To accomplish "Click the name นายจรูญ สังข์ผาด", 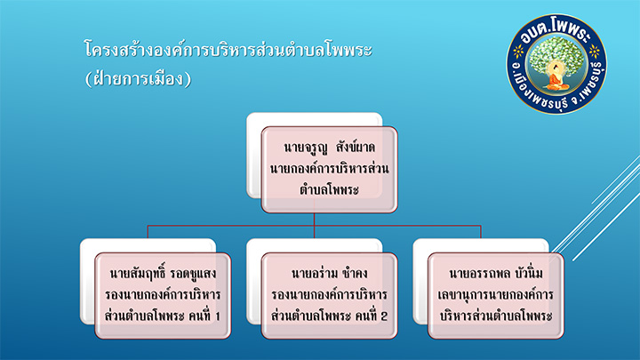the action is (x=329, y=148).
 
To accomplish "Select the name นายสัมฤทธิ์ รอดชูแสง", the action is (x=163, y=274).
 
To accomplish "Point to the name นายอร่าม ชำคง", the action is (x=329, y=274).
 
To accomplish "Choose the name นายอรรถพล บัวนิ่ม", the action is (x=496, y=274).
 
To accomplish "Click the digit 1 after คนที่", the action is (x=217, y=316).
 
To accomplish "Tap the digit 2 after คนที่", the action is (x=383, y=316).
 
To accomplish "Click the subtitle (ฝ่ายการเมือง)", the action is (x=138, y=78).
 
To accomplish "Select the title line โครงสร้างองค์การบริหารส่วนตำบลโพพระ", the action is (x=228, y=50).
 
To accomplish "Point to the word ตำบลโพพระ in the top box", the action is (x=329, y=190).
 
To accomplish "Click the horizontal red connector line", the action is (x=315, y=225).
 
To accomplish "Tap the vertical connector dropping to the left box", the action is (x=148, y=231).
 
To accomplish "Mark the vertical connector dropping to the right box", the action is (x=481, y=231).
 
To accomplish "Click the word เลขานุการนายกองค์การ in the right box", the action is (x=496, y=295).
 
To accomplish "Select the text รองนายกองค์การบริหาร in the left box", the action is (x=163, y=295).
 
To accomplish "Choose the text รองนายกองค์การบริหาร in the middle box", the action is (x=329, y=295).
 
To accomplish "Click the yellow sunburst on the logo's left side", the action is (x=518, y=52).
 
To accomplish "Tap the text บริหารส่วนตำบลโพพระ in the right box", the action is (x=496, y=316).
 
